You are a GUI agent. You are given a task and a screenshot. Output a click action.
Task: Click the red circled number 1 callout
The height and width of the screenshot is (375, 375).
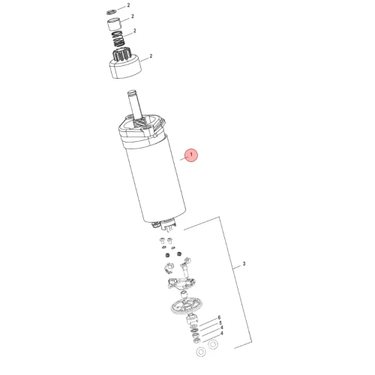tap(191, 155)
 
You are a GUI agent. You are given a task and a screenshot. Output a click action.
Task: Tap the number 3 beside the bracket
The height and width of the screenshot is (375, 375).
tap(244, 263)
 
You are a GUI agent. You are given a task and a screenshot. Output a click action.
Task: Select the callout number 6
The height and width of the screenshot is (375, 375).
tap(219, 317)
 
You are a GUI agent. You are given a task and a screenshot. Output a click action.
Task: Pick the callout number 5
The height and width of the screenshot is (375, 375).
tap(220, 322)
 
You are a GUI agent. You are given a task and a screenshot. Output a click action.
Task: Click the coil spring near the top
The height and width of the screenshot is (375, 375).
tap(118, 39)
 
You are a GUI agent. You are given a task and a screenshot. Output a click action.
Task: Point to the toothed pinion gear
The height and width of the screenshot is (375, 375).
tap(121, 55)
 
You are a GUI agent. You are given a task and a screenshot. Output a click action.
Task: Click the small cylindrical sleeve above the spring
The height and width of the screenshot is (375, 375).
tap(115, 24)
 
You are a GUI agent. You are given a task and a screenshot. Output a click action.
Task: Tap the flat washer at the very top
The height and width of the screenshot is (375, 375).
tap(111, 12)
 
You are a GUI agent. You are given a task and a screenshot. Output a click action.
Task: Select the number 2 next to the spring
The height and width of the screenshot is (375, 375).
tap(135, 31)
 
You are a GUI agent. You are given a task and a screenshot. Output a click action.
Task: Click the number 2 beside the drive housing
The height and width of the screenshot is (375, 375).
tap(151, 56)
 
